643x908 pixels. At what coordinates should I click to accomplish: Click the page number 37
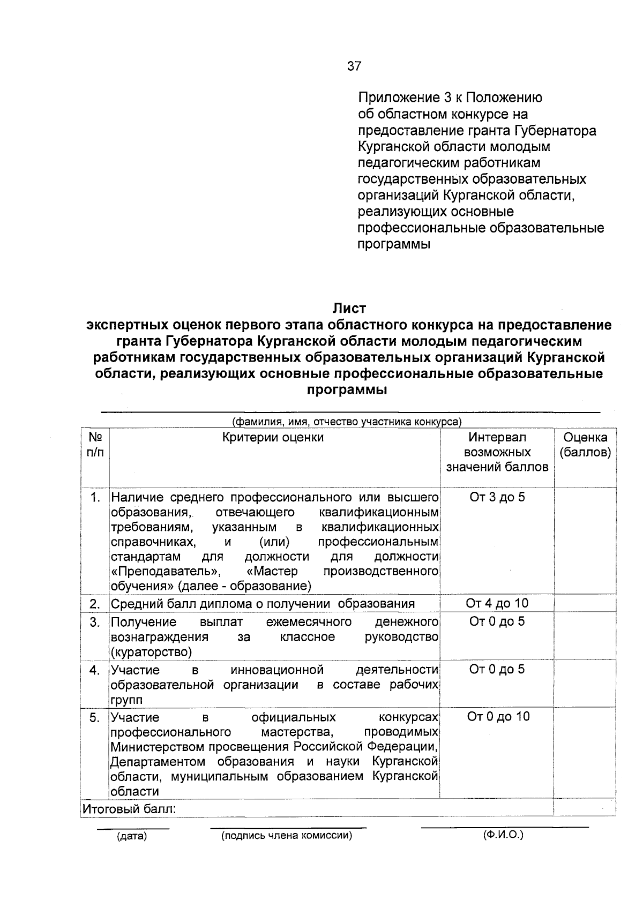(354, 66)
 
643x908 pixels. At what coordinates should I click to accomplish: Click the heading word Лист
(349, 309)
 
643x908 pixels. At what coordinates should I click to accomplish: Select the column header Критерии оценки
(273, 438)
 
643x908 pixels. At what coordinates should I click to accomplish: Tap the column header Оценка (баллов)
(585, 445)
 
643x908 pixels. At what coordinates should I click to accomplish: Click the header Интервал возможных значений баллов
(497, 453)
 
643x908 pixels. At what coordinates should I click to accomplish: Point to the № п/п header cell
(95, 445)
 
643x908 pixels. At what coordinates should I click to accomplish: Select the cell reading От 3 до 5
(497, 497)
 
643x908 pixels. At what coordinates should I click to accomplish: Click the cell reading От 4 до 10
(497, 604)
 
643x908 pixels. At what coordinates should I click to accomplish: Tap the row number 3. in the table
(95, 622)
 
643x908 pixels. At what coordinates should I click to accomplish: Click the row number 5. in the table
(95, 718)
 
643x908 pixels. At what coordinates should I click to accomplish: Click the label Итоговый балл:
(129, 809)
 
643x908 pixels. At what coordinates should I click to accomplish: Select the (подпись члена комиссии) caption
(287, 836)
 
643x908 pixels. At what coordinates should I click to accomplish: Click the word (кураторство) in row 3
(151, 652)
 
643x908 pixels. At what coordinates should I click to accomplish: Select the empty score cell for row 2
(585, 604)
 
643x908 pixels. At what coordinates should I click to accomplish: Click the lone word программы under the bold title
(347, 391)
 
